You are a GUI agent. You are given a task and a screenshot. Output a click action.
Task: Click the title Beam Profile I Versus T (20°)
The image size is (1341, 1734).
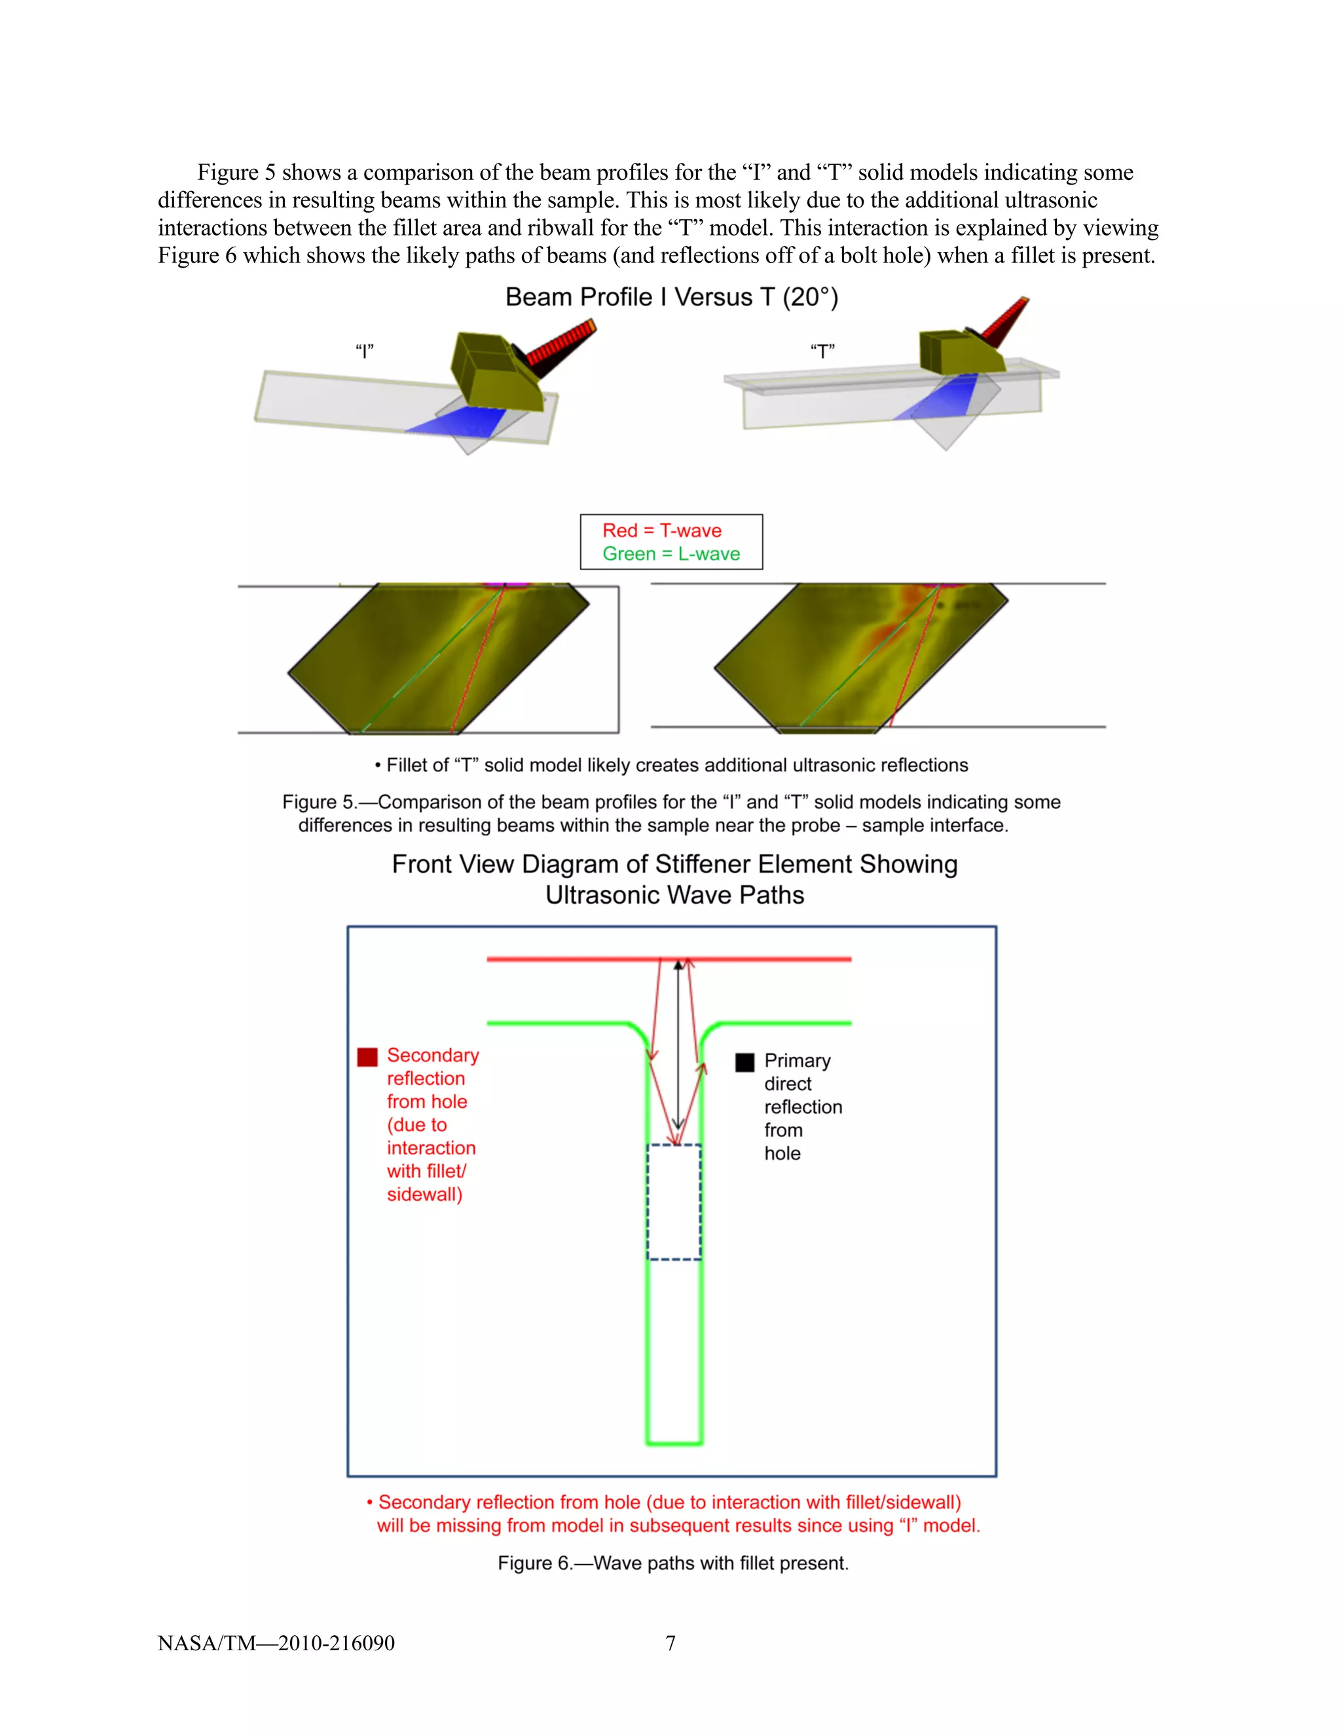pyautogui.click(x=671, y=297)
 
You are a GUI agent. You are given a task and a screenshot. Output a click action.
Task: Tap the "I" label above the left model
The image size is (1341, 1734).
pyautogui.click(x=365, y=351)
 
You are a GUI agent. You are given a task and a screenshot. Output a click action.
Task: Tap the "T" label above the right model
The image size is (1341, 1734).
pyautogui.click(x=822, y=351)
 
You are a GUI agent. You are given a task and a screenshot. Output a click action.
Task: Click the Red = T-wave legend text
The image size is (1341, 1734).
pyautogui.click(x=662, y=531)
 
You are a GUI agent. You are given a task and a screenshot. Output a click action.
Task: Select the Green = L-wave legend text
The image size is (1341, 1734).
pyautogui.click(x=670, y=554)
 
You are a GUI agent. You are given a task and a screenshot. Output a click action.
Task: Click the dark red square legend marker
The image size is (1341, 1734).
pyautogui.click(x=367, y=1057)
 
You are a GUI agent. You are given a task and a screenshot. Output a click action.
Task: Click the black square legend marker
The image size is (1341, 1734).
pyautogui.click(x=744, y=1062)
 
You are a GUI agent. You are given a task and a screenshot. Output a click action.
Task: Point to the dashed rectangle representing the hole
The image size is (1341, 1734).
pyautogui.click(x=674, y=1202)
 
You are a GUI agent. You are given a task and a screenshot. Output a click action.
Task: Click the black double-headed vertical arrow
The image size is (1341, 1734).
pyautogui.click(x=678, y=1048)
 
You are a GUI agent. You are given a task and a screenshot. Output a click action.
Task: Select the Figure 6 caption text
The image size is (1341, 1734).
pyautogui.click(x=673, y=1563)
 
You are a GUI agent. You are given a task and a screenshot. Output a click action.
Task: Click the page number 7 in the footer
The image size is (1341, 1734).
pyautogui.click(x=670, y=1642)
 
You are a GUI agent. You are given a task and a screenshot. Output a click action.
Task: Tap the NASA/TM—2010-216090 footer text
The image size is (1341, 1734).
pyautogui.click(x=276, y=1642)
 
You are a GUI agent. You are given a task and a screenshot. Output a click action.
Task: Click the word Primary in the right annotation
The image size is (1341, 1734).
pyautogui.click(x=797, y=1061)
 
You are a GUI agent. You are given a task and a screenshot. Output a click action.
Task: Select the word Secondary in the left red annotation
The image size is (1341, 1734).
pyautogui.click(x=433, y=1055)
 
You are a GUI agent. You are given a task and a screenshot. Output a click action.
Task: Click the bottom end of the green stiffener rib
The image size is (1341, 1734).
pyautogui.click(x=674, y=1442)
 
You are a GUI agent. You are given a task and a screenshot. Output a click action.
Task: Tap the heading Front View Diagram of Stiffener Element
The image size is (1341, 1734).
pyautogui.click(x=674, y=864)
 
